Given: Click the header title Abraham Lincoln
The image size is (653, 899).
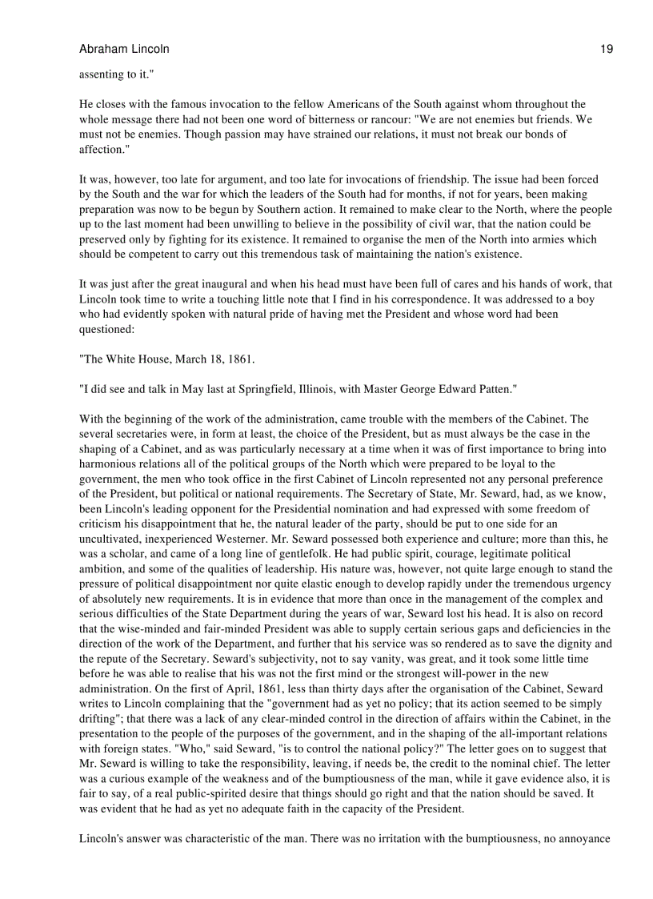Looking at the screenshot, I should [x=124, y=49].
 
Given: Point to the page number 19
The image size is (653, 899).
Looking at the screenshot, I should [x=607, y=49].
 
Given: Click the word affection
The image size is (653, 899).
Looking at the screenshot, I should [x=102, y=149].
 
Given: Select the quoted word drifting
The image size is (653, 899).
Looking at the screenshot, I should [x=101, y=719].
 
